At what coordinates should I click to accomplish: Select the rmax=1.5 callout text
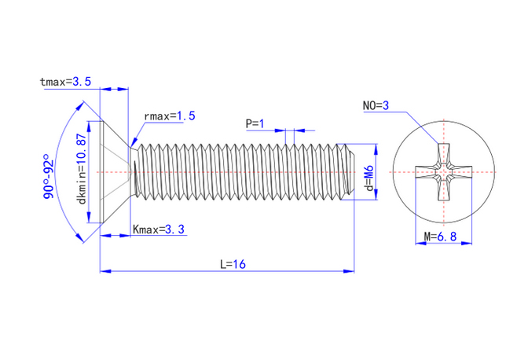point(169,116)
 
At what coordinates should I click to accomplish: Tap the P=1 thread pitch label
point(255,123)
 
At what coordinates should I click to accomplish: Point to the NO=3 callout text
point(376,105)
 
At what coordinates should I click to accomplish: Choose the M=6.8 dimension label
point(441,236)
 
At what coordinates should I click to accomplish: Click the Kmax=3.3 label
point(159,230)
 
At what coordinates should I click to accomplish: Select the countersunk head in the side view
point(115,171)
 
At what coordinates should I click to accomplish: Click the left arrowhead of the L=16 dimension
point(104,271)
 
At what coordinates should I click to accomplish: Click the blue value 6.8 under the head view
point(447,236)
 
